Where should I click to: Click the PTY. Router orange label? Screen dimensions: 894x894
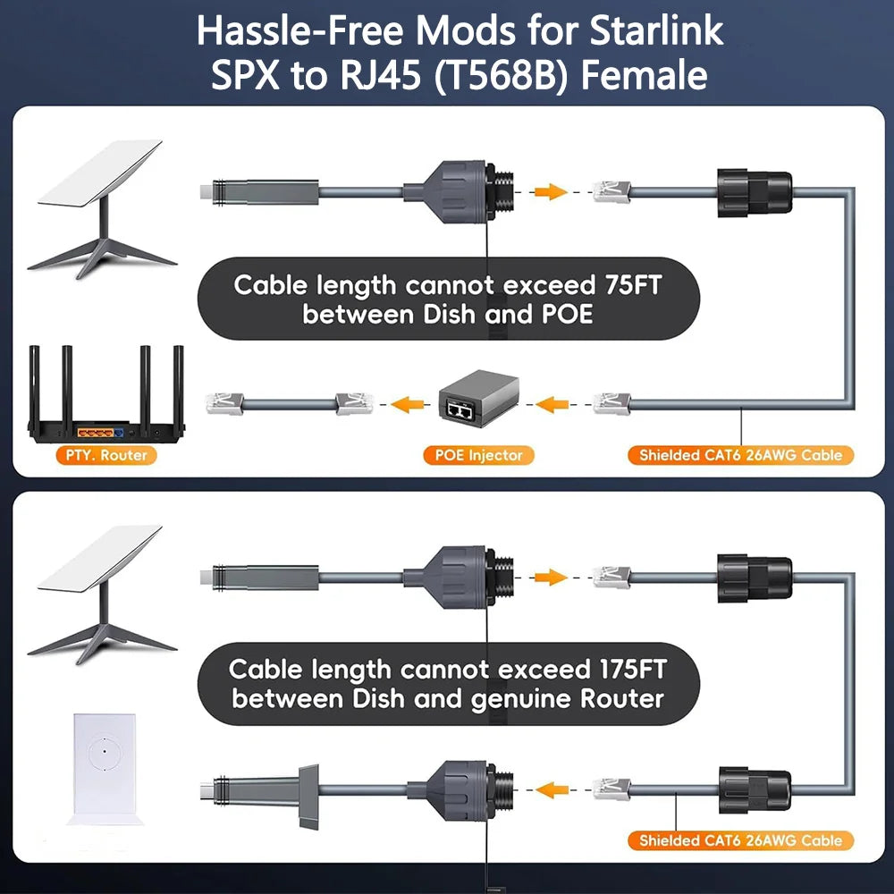(105, 455)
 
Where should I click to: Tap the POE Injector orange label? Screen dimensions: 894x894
(478, 455)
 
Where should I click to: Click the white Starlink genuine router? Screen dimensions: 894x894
(105, 767)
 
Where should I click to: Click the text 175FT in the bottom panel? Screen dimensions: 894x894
(631, 669)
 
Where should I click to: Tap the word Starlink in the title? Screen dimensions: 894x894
(656, 30)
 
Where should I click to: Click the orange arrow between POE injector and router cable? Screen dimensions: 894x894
(410, 404)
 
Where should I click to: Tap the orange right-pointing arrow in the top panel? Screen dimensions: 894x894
(550, 190)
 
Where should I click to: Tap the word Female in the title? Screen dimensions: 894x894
(644, 76)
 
